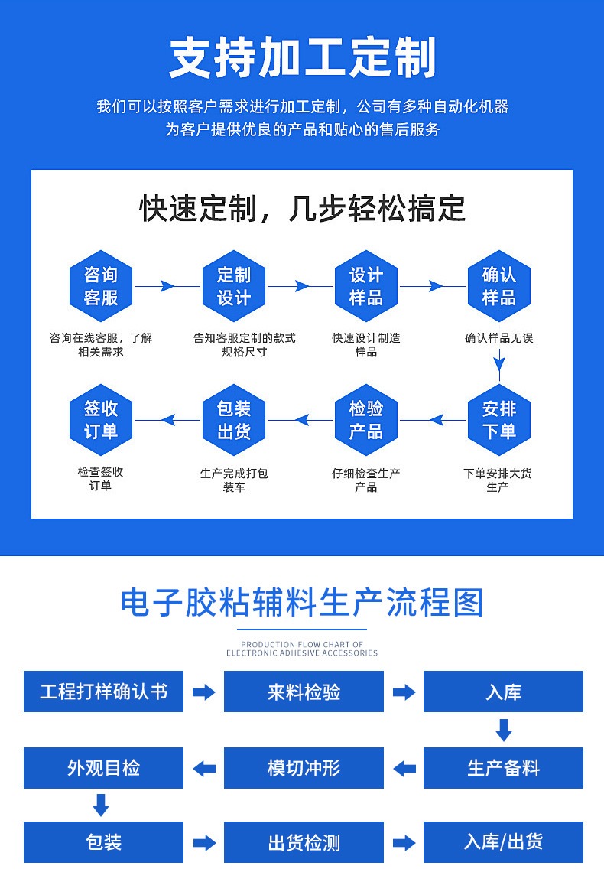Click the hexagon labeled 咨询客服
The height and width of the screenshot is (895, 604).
pyautogui.click(x=101, y=286)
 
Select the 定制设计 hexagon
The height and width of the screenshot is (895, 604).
pyautogui.click(x=234, y=286)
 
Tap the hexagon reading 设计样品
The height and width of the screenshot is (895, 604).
pyautogui.click(x=366, y=286)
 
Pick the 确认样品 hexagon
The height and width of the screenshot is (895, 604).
pyautogui.click(x=498, y=286)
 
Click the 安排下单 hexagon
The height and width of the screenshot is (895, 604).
pyautogui.click(x=498, y=420)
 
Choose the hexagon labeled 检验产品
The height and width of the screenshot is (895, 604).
pyautogui.click(x=366, y=420)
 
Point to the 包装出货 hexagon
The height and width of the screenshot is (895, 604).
pyautogui.click(x=234, y=420)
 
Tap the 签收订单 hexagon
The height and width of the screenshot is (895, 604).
pyautogui.click(x=101, y=420)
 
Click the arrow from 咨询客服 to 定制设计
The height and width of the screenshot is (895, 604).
pyautogui.click(x=167, y=286)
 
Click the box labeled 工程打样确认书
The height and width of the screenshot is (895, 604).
pyautogui.click(x=103, y=692)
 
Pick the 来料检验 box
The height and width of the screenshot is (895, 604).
pyautogui.click(x=304, y=692)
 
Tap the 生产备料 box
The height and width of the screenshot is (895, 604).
pyautogui.click(x=503, y=768)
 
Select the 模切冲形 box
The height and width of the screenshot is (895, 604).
pyautogui.click(x=304, y=768)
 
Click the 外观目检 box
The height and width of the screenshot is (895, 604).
pyautogui.click(x=103, y=768)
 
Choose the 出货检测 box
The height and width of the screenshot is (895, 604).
pyautogui.click(x=304, y=842)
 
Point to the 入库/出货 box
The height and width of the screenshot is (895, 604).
pyautogui.click(x=503, y=842)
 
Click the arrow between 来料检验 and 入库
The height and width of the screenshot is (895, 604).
pyautogui.click(x=404, y=692)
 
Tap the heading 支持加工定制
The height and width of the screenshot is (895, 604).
pyautogui.click(x=302, y=58)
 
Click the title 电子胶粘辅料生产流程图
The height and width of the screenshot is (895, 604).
pyautogui.click(x=302, y=603)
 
